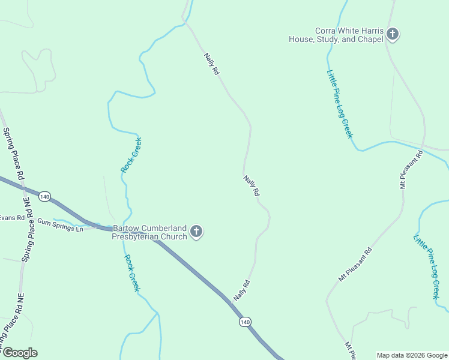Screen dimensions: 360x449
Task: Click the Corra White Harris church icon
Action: tap(392, 34)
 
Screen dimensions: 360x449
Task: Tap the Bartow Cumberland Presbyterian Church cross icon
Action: tap(196, 232)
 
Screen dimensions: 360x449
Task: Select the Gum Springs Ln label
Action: tap(60, 225)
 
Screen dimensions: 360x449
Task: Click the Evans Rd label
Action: tap(12, 218)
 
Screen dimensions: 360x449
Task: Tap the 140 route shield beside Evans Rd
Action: tap(44, 196)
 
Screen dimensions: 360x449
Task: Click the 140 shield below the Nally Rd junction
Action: tap(244, 322)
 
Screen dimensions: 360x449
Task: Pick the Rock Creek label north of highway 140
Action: tap(131, 155)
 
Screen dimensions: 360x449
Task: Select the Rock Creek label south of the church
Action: tap(133, 273)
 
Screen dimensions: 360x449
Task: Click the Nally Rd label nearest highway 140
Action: tap(241, 291)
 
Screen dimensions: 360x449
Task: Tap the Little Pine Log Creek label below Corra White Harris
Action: tap(340, 104)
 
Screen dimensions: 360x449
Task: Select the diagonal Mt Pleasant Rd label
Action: tap(355, 265)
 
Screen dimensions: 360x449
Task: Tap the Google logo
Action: tap(19, 353)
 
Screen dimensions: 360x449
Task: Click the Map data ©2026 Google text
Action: tap(411, 355)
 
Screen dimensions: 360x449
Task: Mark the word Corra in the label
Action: tap(327, 31)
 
